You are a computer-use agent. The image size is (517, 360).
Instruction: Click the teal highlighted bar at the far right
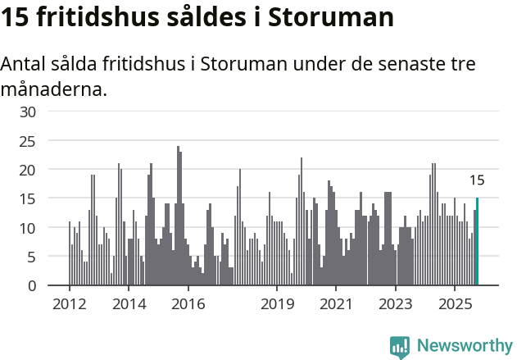[x=477, y=242]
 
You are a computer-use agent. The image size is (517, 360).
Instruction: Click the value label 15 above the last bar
[x=477, y=180]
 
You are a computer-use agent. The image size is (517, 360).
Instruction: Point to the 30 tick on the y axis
[x=28, y=112]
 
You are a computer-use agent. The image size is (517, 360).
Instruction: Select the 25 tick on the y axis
[x=28, y=141]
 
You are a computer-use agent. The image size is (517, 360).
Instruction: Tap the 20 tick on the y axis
[x=28, y=170]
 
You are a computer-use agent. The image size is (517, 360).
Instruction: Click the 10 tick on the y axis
[x=28, y=228]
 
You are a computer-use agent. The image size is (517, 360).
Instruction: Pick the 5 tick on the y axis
[x=31, y=257]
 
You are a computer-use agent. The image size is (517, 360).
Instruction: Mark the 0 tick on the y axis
[x=31, y=286]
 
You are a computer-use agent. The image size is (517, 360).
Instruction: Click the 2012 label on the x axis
[x=69, y=304]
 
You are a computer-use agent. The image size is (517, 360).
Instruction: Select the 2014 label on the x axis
[x=129, y=304]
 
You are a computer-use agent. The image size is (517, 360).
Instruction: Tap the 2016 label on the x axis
[x=188, y=304]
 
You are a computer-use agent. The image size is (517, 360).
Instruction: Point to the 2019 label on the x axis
[x=277, y=304]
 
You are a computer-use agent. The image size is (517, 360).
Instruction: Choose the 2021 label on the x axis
[x=336, y=304]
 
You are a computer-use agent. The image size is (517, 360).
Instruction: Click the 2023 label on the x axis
[x=396, y=304]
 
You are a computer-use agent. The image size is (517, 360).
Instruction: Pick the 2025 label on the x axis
[x=455, y=304]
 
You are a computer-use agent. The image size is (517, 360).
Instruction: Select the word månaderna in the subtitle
[x=53, y=89]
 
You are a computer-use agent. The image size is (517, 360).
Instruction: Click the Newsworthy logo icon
[x=400, y=346]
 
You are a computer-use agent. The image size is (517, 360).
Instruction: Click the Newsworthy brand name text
[x=464, y=346]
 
